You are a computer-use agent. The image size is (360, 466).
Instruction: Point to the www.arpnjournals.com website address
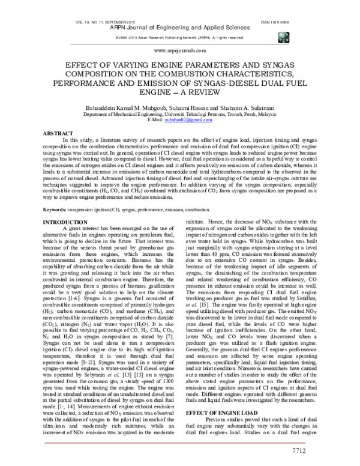click(180, 52)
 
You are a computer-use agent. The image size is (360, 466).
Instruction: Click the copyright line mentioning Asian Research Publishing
click(180, 37)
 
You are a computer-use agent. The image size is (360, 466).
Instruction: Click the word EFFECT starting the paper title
click(76, 64)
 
